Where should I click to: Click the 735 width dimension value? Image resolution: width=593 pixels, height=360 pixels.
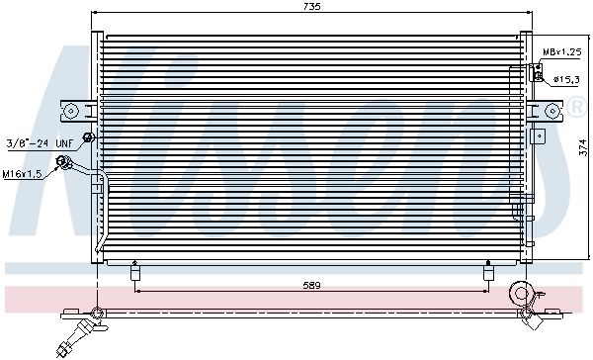(x=312, y=6)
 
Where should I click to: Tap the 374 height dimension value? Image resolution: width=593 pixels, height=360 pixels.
(x=583, y=147)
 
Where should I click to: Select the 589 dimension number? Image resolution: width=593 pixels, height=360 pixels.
(x=311, y=285)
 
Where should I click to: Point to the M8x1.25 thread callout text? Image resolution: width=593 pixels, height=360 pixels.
(x=562, y=52)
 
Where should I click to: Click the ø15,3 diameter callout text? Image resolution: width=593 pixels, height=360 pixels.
(x=566, y=79)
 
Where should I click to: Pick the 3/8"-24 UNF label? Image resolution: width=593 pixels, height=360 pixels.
(x=39, y=143)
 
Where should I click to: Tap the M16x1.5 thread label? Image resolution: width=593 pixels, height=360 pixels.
(x=22, y=174)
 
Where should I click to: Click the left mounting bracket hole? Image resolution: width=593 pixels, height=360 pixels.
(x=70, y=111)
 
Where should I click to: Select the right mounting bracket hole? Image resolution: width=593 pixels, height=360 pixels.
(x=551, y=111)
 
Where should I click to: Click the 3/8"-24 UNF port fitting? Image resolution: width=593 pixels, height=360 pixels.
(x=89, y=137)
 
